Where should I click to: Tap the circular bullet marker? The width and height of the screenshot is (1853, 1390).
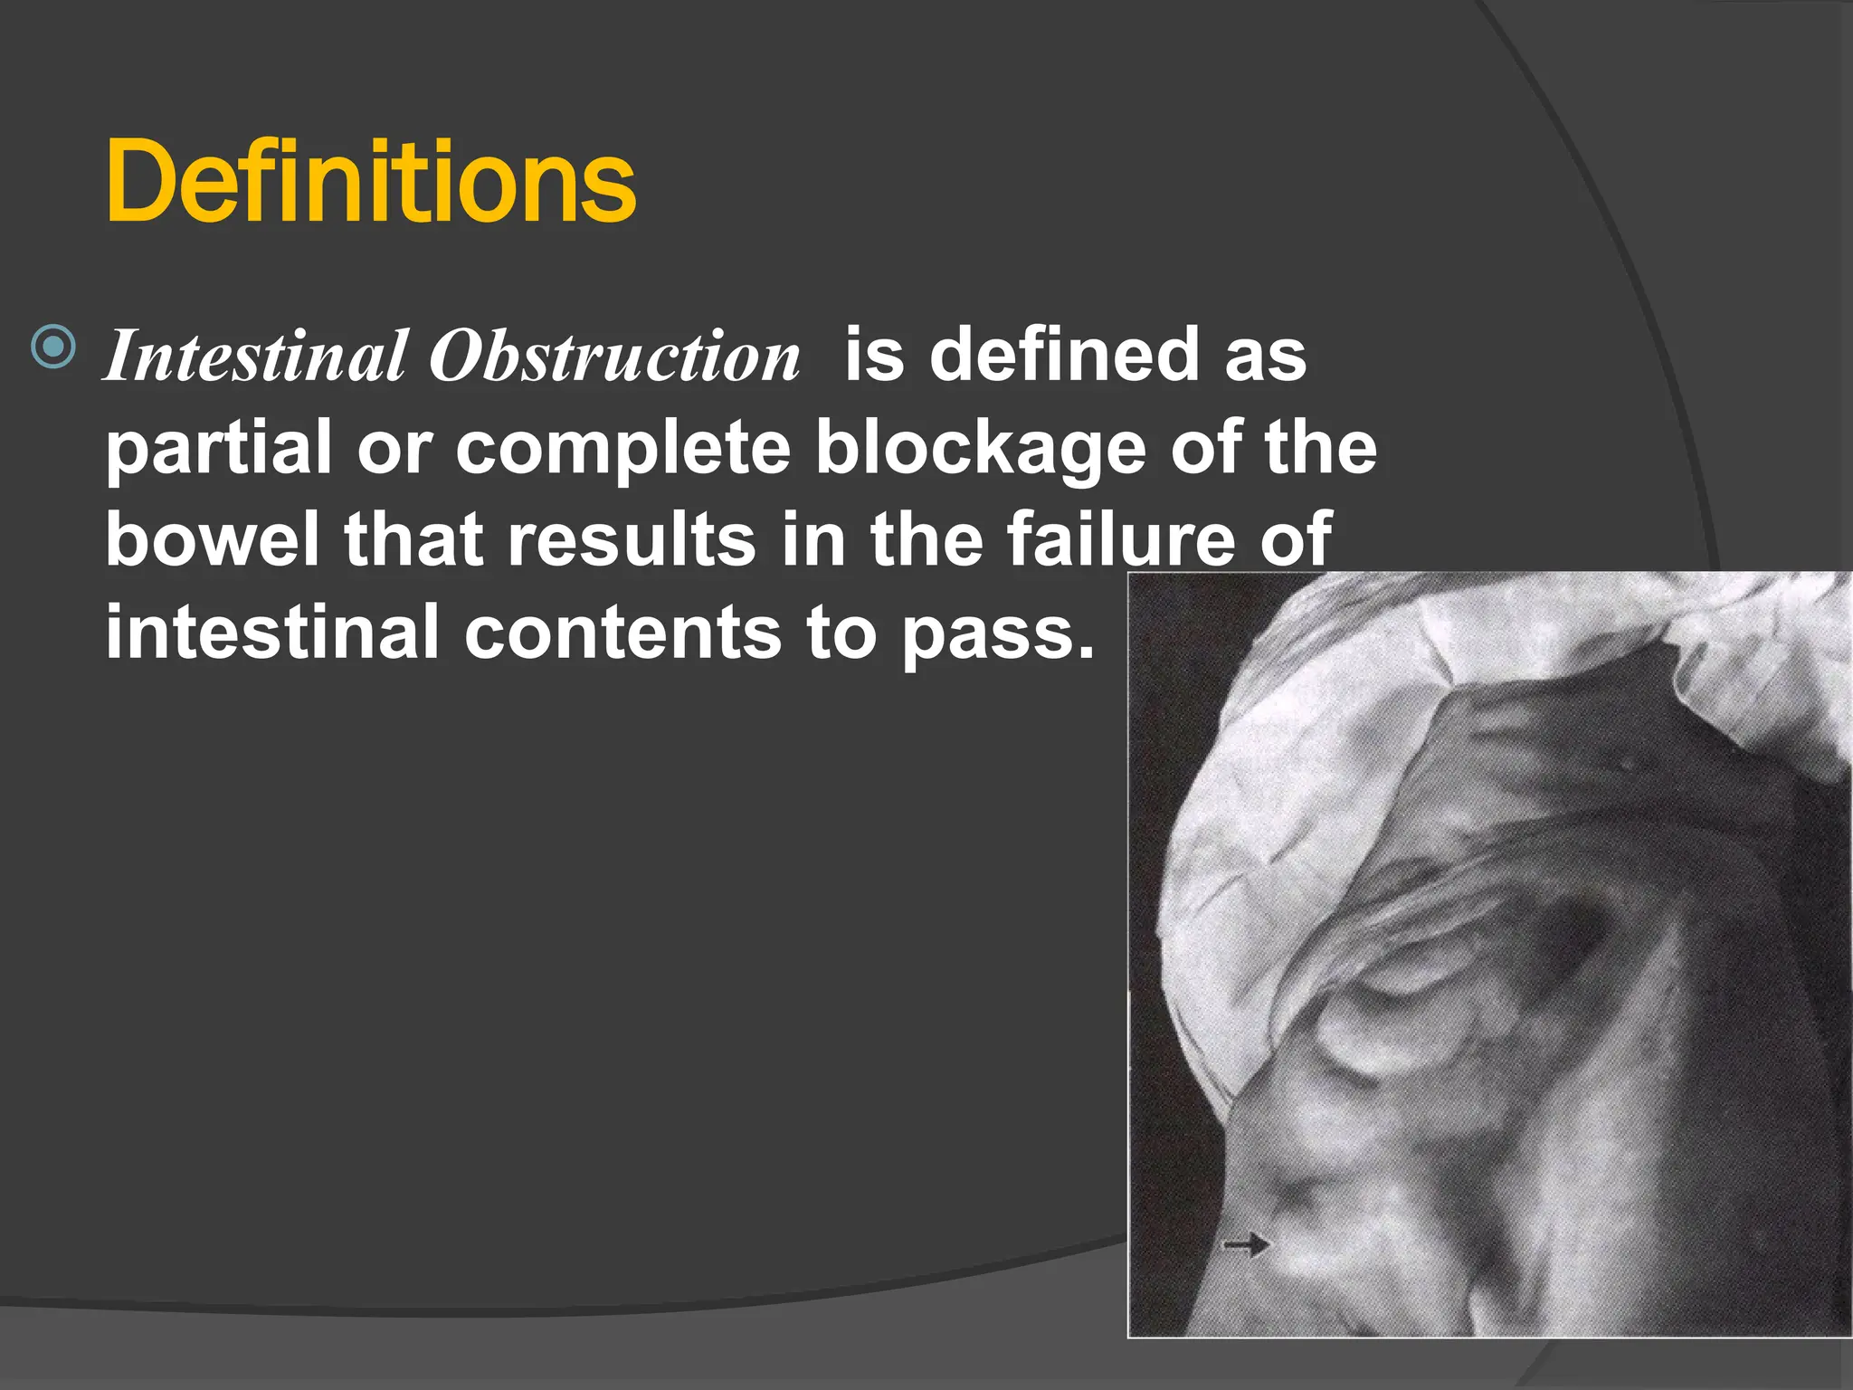pos(53,346)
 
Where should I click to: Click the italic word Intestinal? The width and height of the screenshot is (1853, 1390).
pos(255,356)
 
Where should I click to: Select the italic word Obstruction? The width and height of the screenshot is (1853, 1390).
pos(614,356)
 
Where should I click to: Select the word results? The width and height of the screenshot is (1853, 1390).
pos(631,539)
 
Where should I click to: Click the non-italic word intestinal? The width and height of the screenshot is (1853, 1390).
pos(271,632)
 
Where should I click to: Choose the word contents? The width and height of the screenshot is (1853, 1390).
pos(622,632)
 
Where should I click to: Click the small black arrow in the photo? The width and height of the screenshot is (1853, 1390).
pos(1246,1245)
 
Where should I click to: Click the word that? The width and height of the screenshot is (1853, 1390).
pos(413,539)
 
